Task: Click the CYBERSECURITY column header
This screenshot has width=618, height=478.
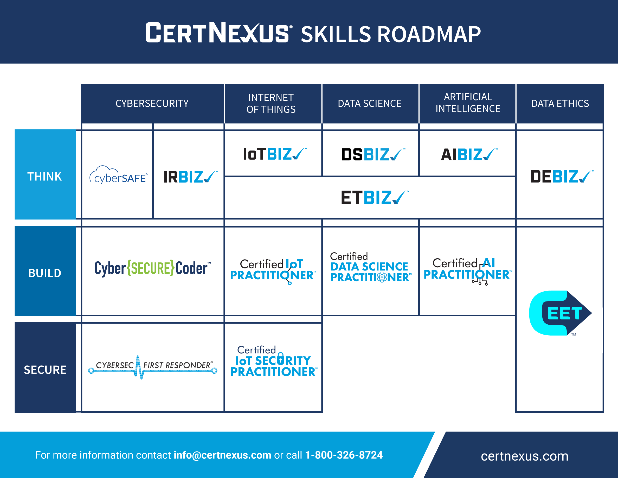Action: (x=152, y=103)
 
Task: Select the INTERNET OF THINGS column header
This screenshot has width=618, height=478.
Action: (x=271, y=103)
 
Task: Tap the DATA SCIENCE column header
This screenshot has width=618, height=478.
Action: (x=370, y=103)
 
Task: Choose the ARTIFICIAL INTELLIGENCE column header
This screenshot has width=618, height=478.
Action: (x=468, y=103)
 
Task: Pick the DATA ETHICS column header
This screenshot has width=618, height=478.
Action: (x=560, y=103)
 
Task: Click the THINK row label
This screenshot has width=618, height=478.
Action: (x=44, y=177)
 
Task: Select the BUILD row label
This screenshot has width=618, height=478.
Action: (x=45, y=273)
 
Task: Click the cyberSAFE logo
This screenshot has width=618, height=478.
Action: (x=119, y=175)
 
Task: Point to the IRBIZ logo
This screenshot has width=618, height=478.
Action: (x=191, y=177)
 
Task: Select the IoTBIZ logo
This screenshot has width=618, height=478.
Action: (x=275, y=154)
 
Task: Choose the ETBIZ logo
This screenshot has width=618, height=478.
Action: (x=375, y=197)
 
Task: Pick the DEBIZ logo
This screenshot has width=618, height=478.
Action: (x=562, y=177)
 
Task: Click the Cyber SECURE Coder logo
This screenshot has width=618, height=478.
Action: (x=153, y=268)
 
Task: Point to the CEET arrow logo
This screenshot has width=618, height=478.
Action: (x=560, y=313)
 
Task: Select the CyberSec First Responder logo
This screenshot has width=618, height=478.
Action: (x=153, y=367)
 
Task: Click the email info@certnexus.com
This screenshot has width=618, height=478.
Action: (x=222, y=455)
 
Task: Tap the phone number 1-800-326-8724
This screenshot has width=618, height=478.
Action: (x=344, y=455)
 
